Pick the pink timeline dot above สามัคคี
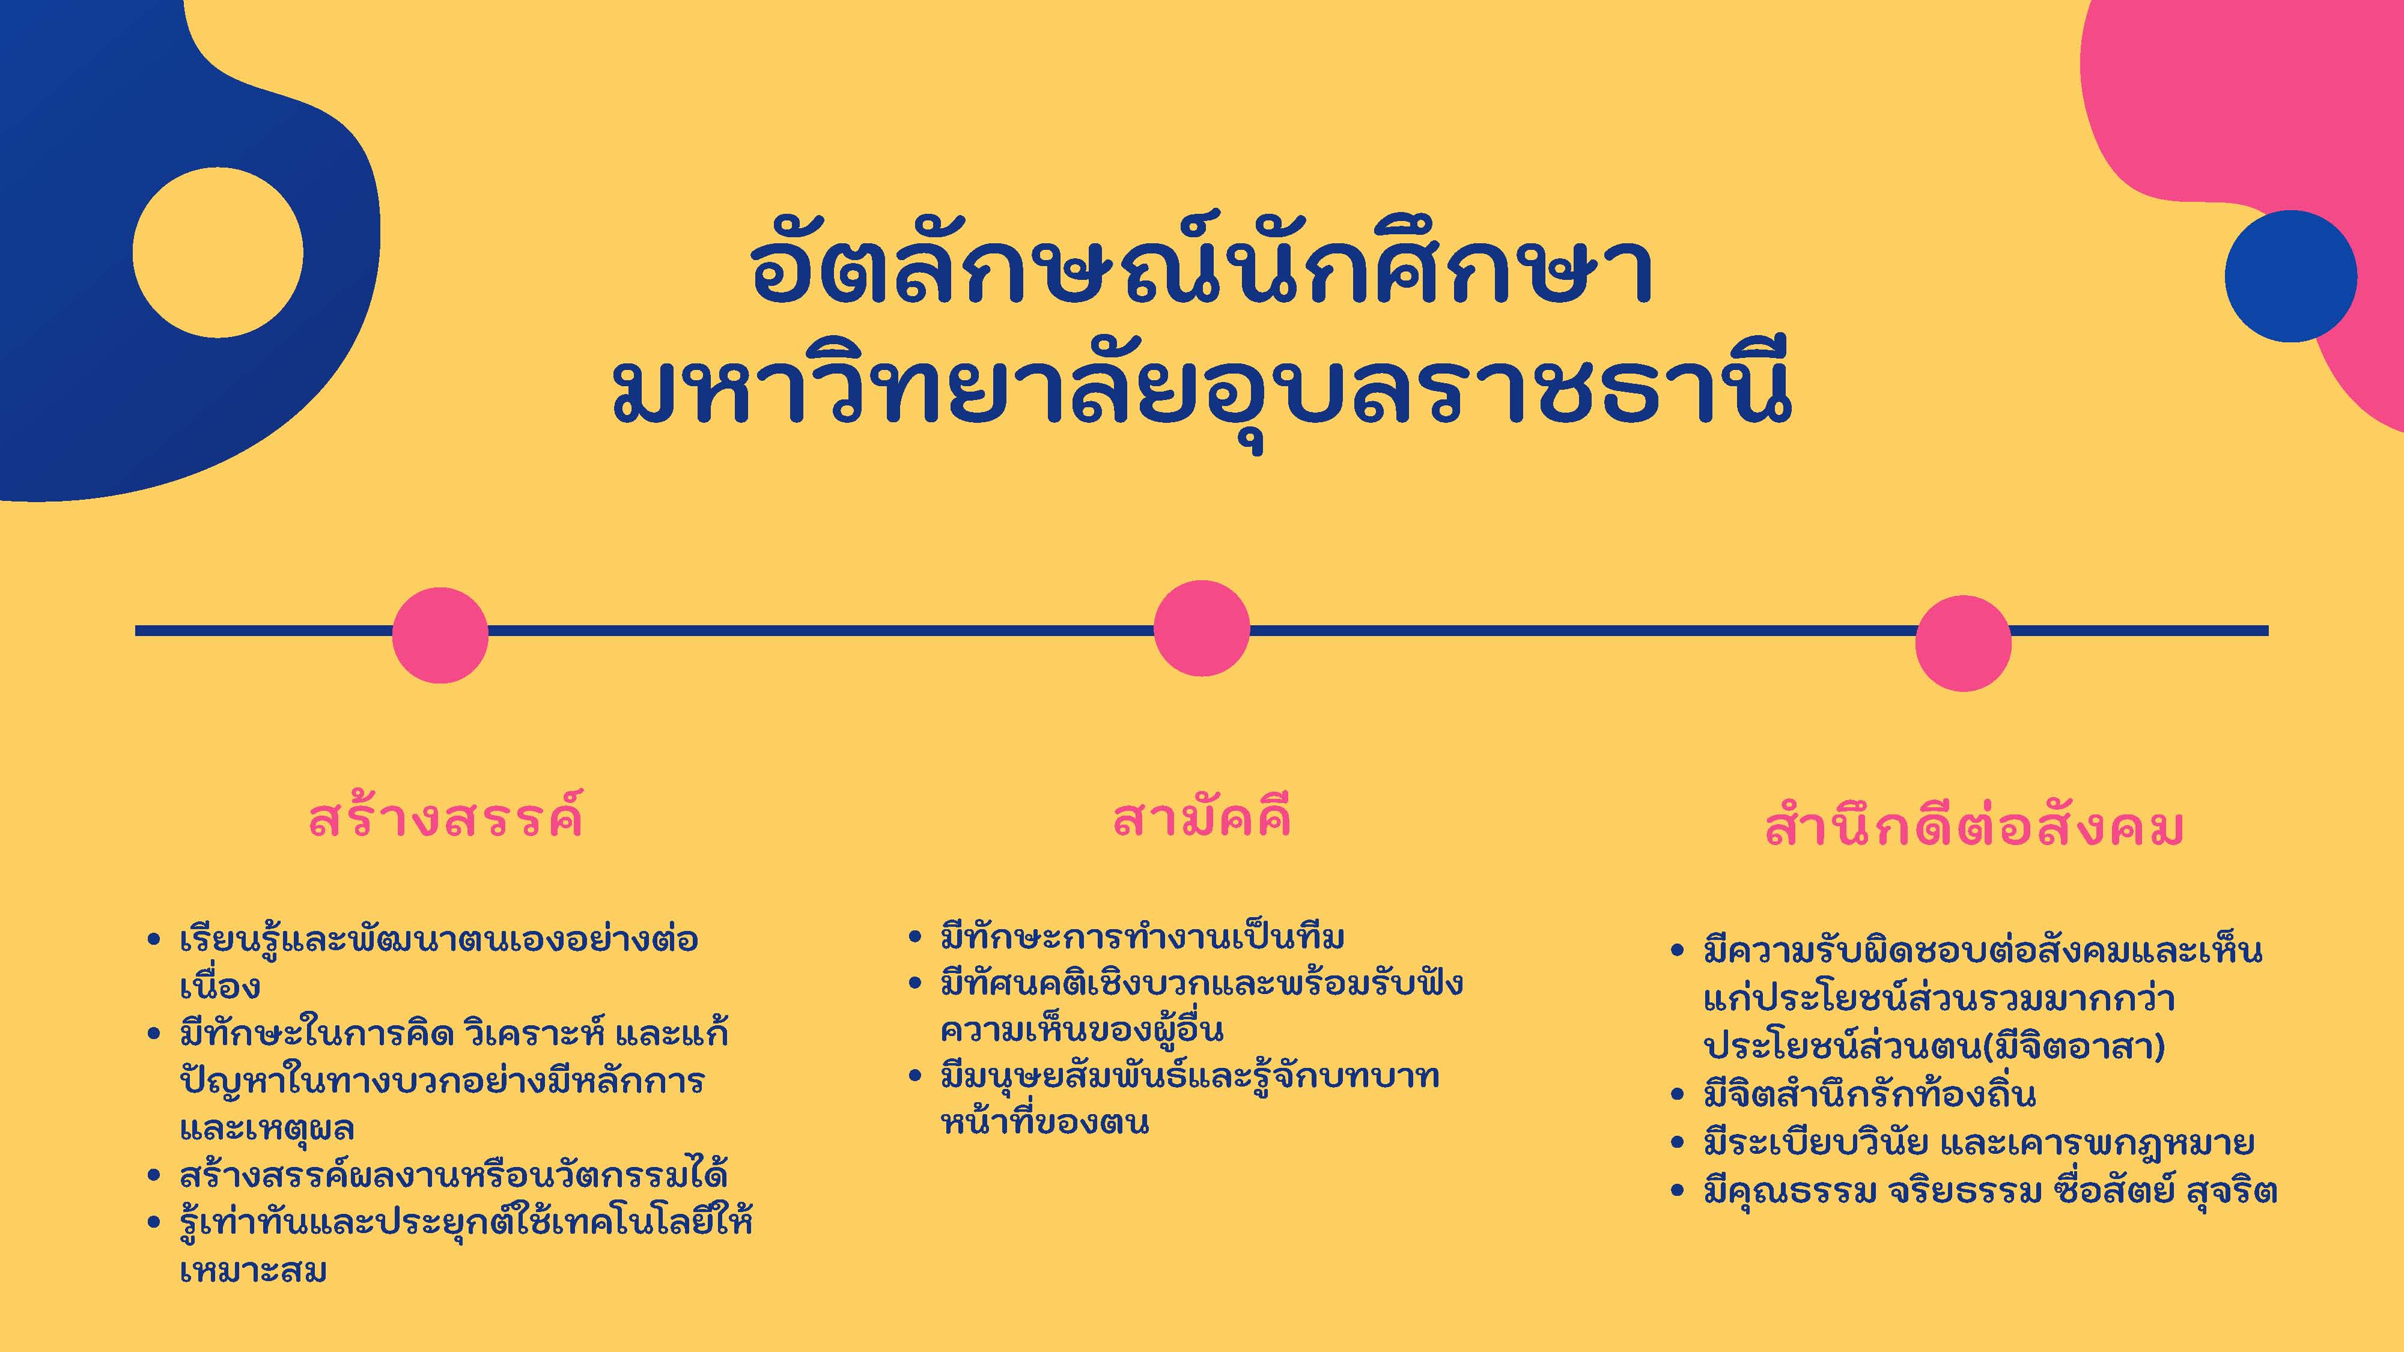(1201, 627)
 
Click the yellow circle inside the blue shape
(218, 253)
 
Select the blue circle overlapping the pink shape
(2290, 276)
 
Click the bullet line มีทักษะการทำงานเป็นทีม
(1142, 936)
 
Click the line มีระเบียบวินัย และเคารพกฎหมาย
(1979, 1142)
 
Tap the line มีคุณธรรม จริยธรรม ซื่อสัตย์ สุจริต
(1991, 1190)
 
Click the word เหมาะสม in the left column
(253, 1270)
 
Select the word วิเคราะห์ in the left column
(537, 1033)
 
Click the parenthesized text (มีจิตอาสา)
(2073, 1046)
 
